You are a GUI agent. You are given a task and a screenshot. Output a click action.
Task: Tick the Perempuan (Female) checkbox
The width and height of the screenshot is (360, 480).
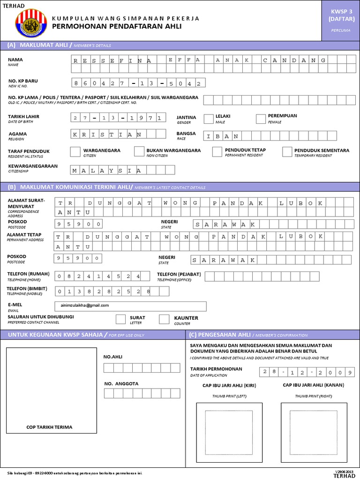[x=261, y=119]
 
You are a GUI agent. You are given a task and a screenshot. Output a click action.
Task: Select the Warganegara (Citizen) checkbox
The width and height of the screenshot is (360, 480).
[x=75, y=151]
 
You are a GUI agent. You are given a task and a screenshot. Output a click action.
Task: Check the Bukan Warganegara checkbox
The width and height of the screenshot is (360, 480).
[x=138, y=151]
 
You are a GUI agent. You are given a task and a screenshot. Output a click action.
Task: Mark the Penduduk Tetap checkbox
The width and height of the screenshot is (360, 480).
[x=217, y=151]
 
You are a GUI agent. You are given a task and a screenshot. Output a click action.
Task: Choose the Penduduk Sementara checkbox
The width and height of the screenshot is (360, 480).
[x=287, y=151]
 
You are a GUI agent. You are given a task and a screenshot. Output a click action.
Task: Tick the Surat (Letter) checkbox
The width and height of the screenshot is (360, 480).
[x=120, y=319]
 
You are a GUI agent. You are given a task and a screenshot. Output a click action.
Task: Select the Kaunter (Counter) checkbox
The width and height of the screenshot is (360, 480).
[x=164, y=319]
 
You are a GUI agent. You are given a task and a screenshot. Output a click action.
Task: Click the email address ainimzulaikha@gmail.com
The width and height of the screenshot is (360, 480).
[x=85, y=305]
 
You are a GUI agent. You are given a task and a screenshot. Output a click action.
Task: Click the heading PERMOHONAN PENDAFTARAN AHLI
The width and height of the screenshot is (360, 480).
[x=116, y=27]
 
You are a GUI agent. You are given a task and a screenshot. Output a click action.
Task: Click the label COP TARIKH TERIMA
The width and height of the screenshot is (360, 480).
[x=49, y=427]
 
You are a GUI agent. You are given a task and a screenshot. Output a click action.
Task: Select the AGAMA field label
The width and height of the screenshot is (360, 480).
[x=17, y=134]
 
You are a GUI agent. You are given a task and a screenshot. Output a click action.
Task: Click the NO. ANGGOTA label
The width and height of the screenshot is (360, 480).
[x=121, y=383]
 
